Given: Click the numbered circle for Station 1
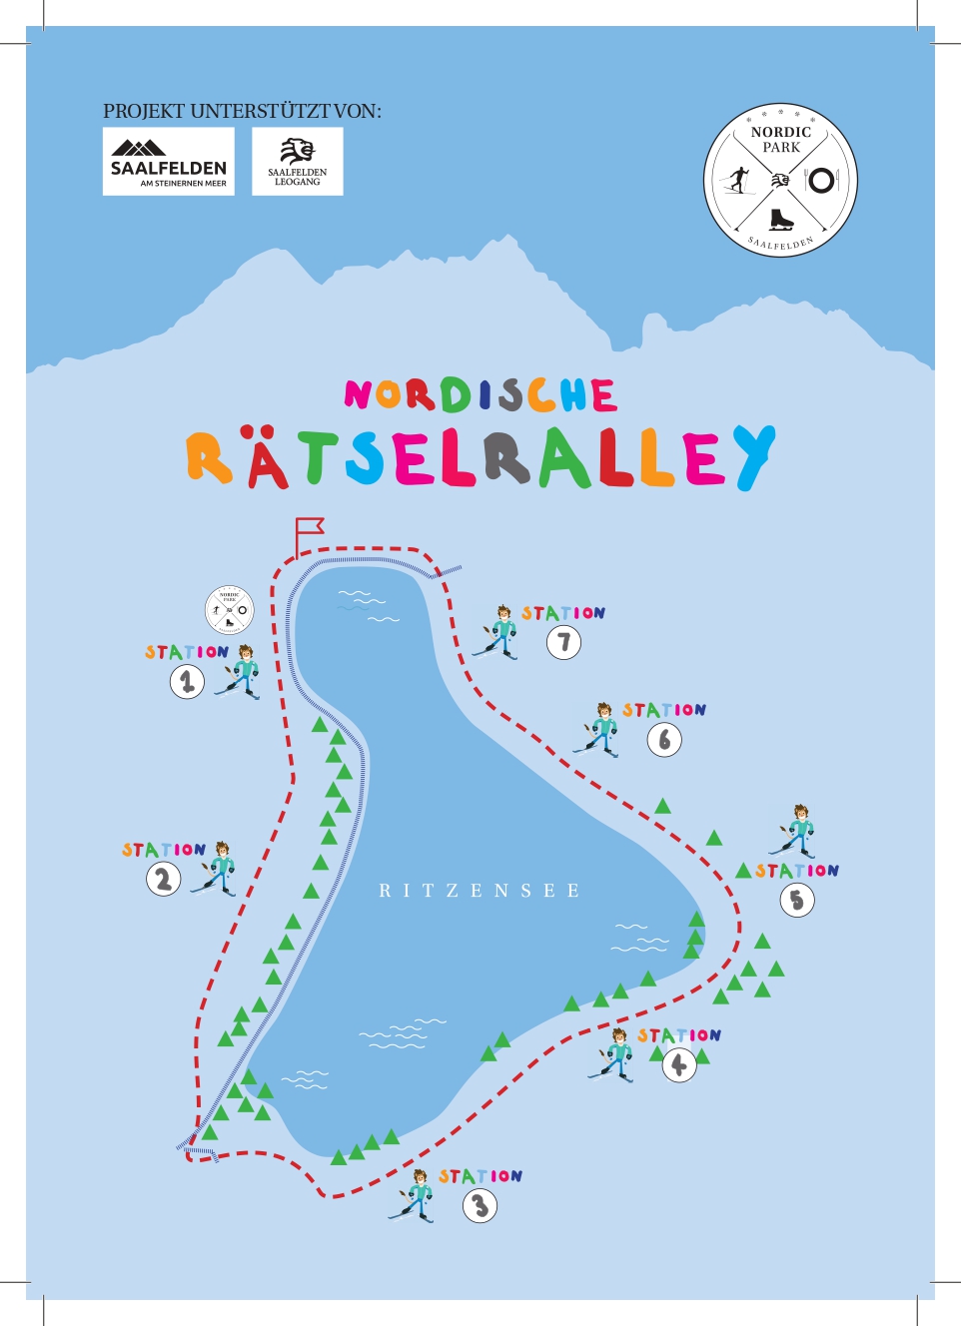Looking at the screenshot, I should (187, 682).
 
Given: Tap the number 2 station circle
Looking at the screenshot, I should (164, 880).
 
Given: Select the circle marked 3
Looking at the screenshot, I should (480, 1206).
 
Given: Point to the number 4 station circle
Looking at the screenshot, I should (679, 1065).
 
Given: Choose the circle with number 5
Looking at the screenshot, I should (797, 900).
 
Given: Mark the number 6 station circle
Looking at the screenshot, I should (664, 740).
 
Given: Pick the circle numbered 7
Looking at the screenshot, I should (563, 642).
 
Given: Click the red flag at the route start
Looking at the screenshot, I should (309, 530).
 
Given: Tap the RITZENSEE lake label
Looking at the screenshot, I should (480, 891).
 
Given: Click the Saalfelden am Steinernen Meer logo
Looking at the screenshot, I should (169, 162).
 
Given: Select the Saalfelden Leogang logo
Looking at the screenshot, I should (298, 162).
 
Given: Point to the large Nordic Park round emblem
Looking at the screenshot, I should (781, 181).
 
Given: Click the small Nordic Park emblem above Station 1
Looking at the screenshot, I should (230, 609).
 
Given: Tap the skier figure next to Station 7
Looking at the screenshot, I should (497, 632).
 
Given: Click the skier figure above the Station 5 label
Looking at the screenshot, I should (796, 831).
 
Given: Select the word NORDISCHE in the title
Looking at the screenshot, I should (480, 395).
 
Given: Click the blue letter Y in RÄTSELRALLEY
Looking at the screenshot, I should (755, 457).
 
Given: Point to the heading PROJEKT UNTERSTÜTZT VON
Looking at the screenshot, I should (242, 111).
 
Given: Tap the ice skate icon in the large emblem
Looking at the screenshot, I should (781, 219).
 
